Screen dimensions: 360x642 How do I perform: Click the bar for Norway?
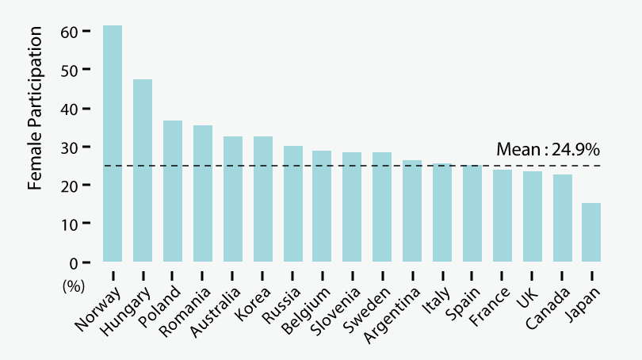(x=113, y=144)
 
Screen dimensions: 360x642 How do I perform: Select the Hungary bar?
(x=143, y=170)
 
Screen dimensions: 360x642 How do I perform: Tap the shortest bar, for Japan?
(x=591, y=232)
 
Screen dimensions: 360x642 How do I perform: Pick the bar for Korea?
(x=263, y=199)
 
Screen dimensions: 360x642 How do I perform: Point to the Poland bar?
(x=173, y=191)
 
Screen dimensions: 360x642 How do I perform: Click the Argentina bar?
(x=412, y=211)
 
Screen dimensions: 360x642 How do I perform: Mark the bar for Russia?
(x=293, y=204)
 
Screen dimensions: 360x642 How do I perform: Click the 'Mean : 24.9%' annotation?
(x=548, y=149)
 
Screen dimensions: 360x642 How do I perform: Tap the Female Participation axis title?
(x=35, y=108)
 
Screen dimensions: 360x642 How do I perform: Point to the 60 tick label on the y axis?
(x=69, y=31)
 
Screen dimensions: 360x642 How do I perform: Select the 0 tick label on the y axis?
(x=74, y=262)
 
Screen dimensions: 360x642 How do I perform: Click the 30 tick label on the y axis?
(x=69, y=147)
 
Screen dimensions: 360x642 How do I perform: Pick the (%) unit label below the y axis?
(x=73, y=287)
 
